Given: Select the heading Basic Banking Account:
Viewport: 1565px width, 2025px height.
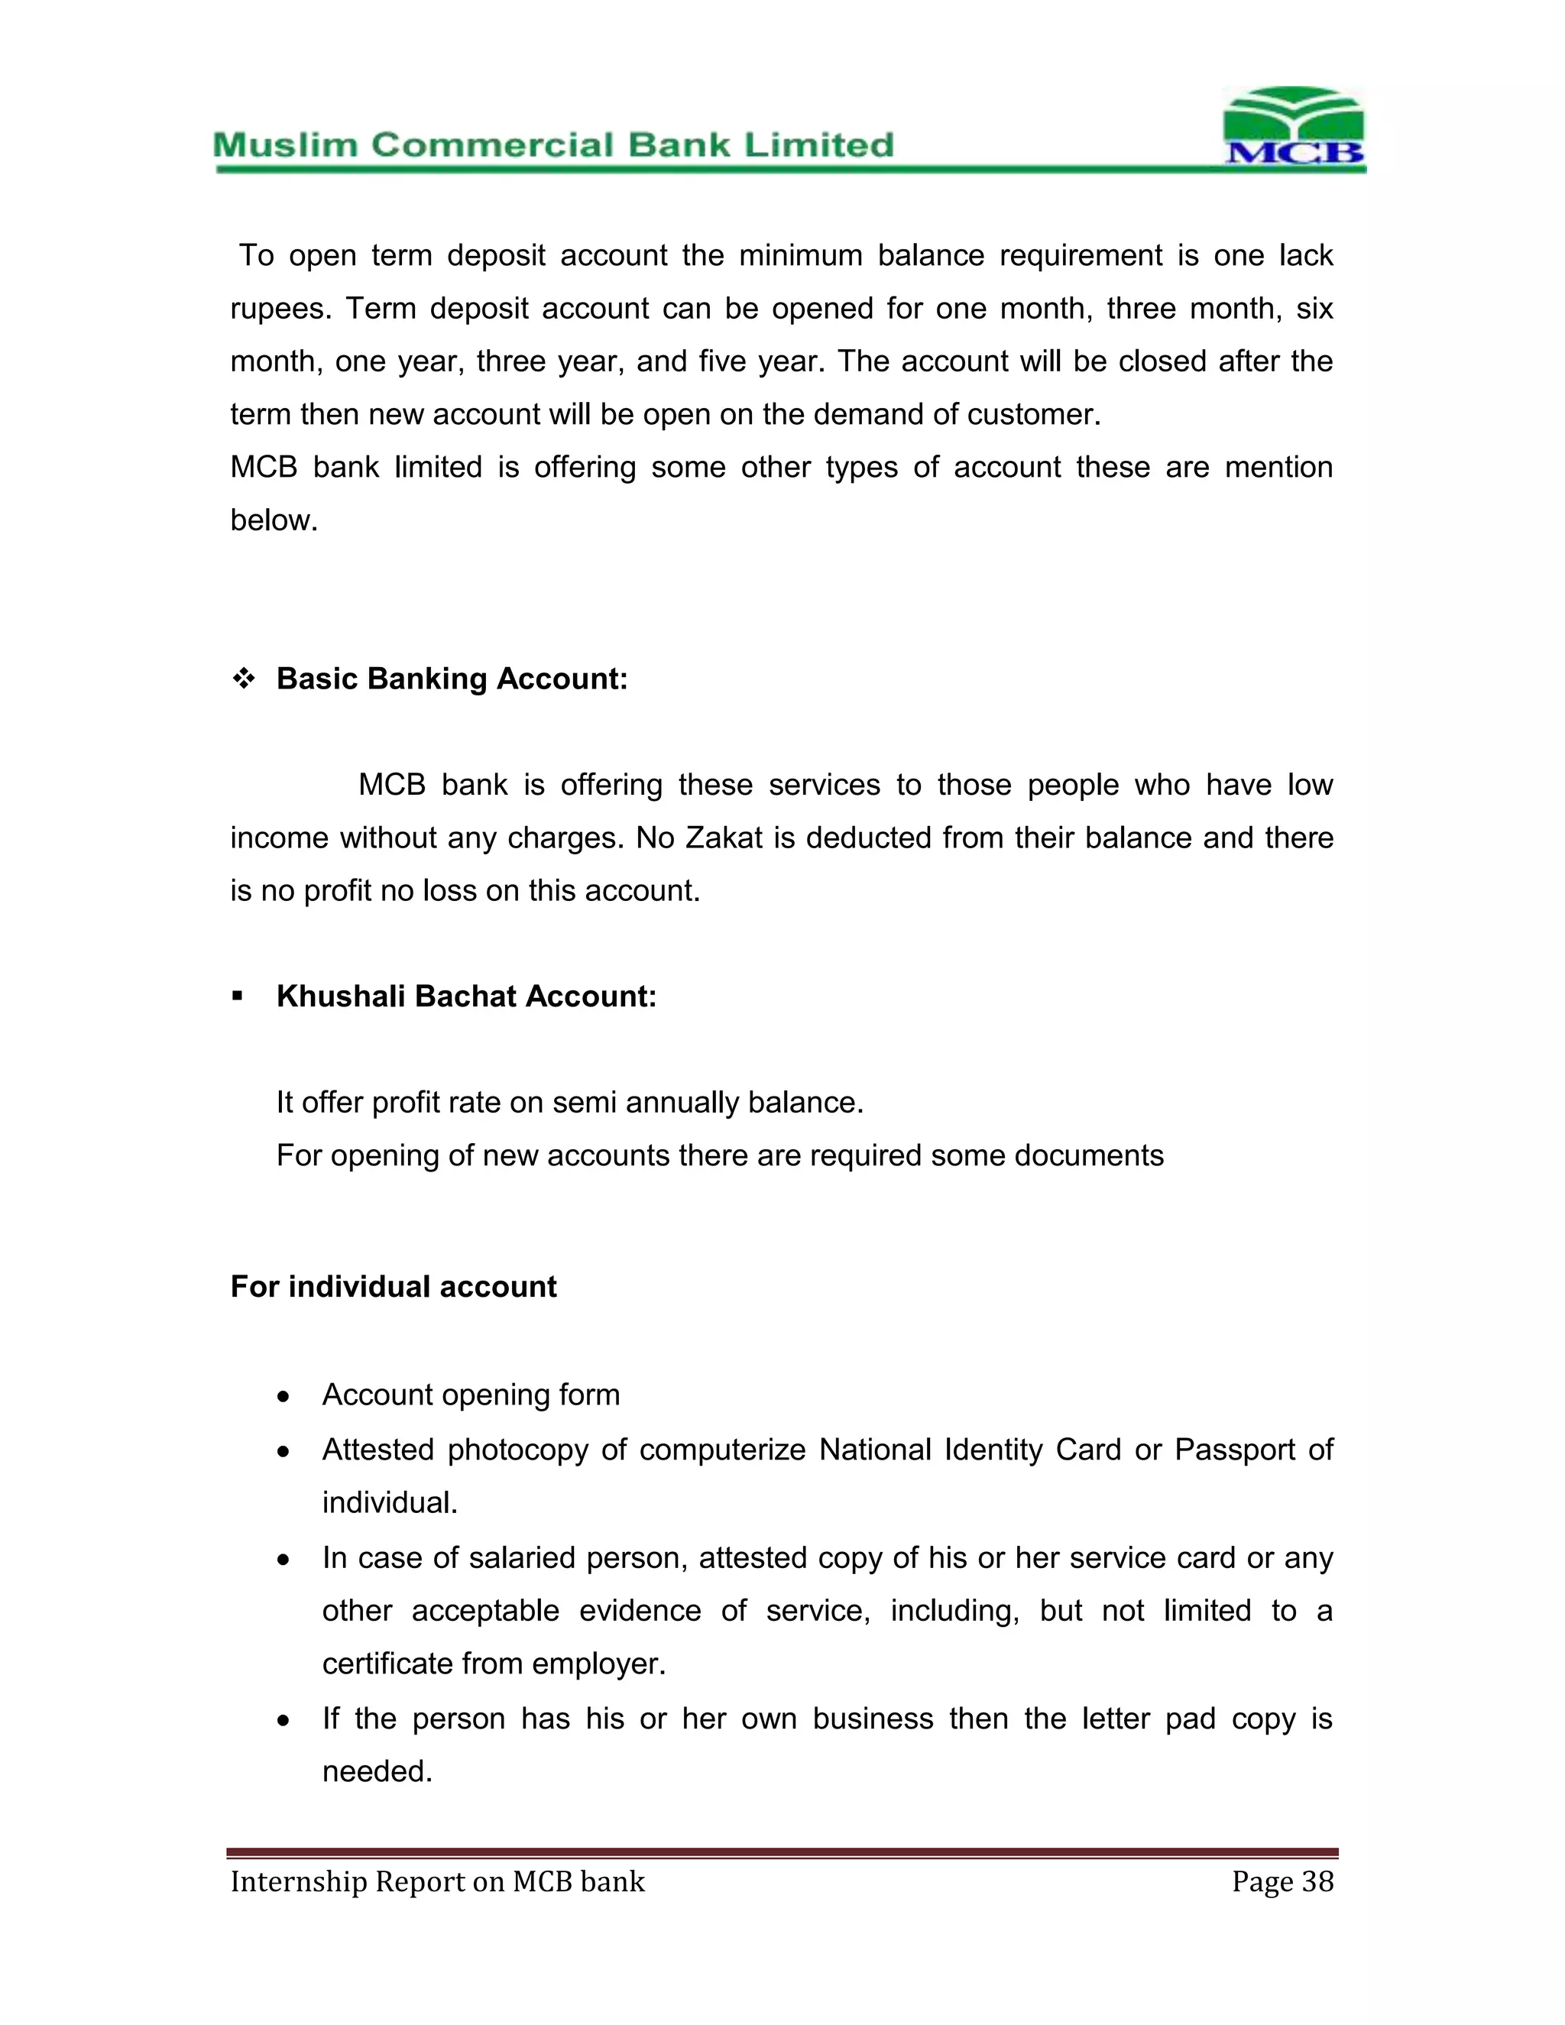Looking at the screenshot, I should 452,679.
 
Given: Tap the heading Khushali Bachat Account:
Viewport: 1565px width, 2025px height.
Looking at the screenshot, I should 465,996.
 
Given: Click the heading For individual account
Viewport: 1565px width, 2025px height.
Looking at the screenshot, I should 393,1287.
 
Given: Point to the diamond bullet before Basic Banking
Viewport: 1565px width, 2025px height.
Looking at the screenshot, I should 244,679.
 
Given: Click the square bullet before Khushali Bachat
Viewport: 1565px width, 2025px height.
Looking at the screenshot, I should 238,996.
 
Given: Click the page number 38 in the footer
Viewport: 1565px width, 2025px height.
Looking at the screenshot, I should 1317,1881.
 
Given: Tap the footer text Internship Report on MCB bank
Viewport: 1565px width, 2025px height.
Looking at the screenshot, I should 438,1881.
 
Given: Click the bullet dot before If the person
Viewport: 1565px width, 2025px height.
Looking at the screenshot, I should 284,1721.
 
